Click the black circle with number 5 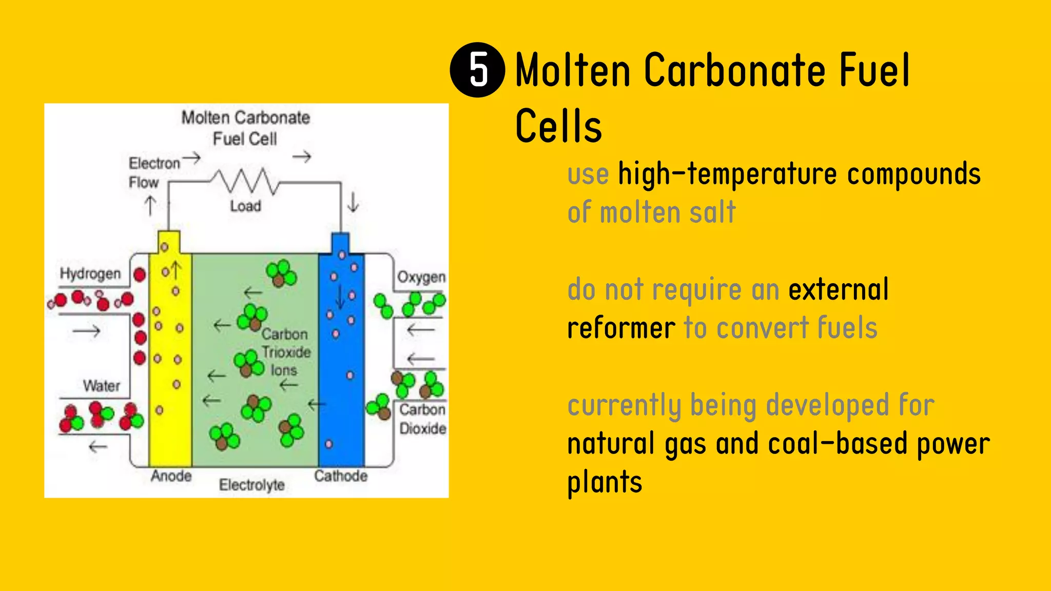(x=477, y=70)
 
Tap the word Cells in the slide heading (x=558, y=126)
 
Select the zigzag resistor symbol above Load (x=245, y=181)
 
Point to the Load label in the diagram (x=245, y=206)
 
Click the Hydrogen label (x=90, y=273)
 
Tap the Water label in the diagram (x=102, y=386)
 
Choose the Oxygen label (x=421, y=277)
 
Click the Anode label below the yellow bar (x=171, y=476)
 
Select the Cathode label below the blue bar (x=341, y=476)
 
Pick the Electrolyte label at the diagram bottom (x=251, y=485)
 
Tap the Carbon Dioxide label (x=422, y=419)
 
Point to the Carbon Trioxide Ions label (x=285, y=352)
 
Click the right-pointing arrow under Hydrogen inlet (x=86, y=331)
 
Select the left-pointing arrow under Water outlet (x=98, y=447)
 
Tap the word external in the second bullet (x=838, y=289)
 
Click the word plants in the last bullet (x=605, y=482)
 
